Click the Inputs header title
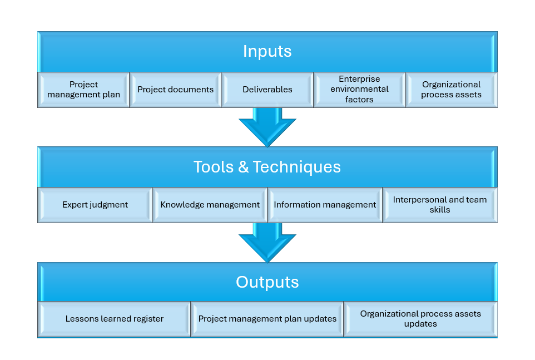pos(267,51)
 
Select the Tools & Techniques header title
pos(267,167)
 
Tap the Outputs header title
pos(267,282)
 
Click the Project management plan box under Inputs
pos(83,90)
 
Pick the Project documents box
pos(175,90)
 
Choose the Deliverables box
pos(267,90)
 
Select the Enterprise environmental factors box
pos(359,90)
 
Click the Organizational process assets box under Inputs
pos(451,90)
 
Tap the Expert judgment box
pos(95,205)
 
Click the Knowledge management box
pos(210,205)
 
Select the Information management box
pos(325,205)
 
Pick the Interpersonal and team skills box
pos(440,205)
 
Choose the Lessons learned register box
pos(114,319)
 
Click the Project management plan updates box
pos(267,319)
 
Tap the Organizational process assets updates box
pos(420,319)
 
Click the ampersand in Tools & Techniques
pos(243,167)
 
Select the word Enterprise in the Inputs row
pos(359,79)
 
